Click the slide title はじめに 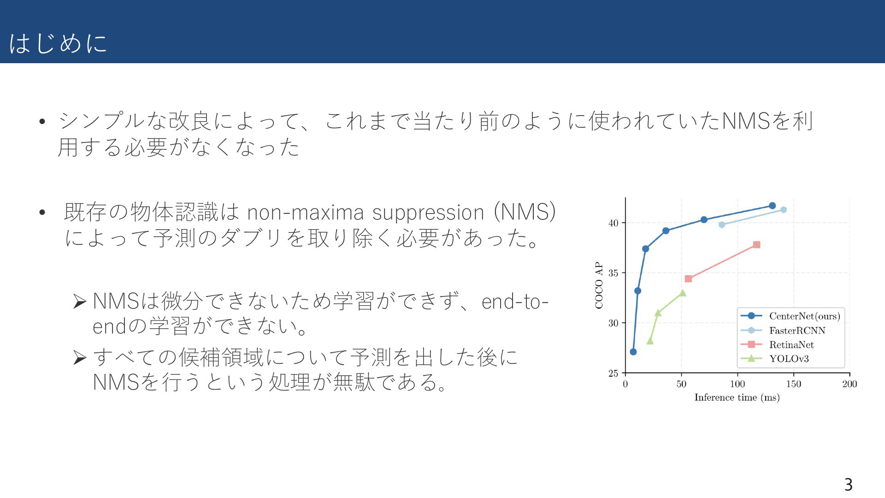pyautogui.click(x=58, y=43)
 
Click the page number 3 pyautogui.click(x=848, y=485)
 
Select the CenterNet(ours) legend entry pyautogui.click(x=790, y=316)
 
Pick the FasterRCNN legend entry pyautogui.click(x=783, y=330)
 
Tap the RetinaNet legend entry pyautogui.click(x=777, y=344)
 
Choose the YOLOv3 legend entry pyautogui.click(x=774, y=359)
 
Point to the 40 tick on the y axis pyautogui.click(x=613, y=223)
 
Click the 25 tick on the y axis pyautogui.click(x=613, y=373)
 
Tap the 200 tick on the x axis pyautogui.click(x=850, y=384)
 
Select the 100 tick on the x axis pyautogui.click(x=737, y=384)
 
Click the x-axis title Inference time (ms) pyautogui.click(x=737, y=397)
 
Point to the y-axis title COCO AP pyautogui.click(x=599, y=285)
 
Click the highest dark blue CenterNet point pyautogui.click(x=772, y=206)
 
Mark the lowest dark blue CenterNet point pyautogui.click(x=633, y=352)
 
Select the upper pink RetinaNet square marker pyautogui.click(x=756, y=245)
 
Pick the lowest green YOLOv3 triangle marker pyautogui.click(x=650, y=341)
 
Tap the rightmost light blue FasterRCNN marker pyautogui.click(x=783, y=210)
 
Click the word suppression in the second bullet pyautogui.click(x=428, y=213)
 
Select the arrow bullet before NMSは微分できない pyautogui.click(x=80, y=302)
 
